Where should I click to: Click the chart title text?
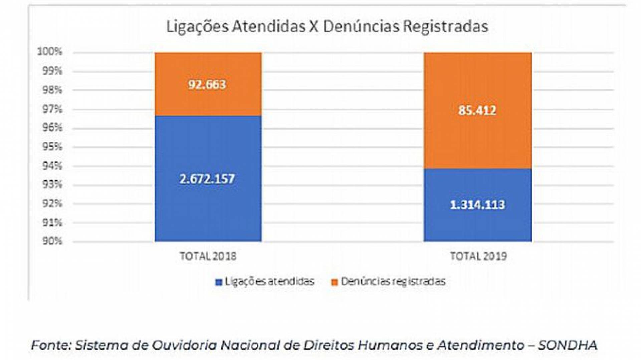point(327,27)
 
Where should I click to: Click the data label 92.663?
point(207,84)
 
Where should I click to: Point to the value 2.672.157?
point(207,179)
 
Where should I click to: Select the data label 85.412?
point(477,110)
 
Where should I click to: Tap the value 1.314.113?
point(477,205)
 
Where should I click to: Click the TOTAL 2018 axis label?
point(208,256)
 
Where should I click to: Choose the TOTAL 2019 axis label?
point(478,256)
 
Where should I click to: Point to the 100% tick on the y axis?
point(50,52)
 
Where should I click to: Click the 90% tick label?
point(52,241)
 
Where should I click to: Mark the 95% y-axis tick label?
point(52,146)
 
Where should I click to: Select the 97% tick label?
point(52,109)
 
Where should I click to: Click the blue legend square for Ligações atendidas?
point(219,283)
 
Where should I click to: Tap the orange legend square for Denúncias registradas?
point(334,283)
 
